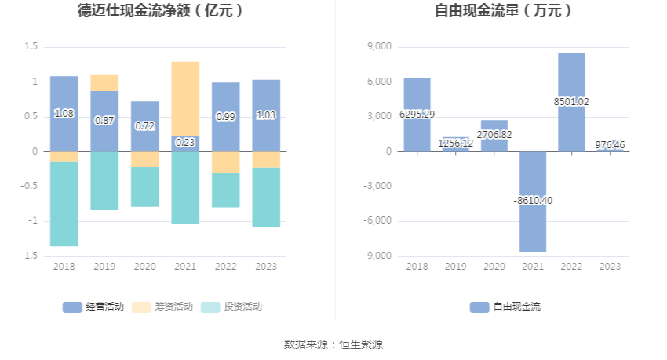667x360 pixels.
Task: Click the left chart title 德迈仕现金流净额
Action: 160,11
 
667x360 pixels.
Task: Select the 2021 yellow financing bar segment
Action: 185,98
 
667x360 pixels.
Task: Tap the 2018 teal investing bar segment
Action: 64,204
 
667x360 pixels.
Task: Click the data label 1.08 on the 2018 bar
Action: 64,114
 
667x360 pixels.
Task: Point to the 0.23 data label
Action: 185,142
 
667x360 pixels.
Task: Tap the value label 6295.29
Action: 417,115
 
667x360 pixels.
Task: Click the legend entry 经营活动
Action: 93,307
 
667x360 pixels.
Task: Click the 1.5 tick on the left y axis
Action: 31,47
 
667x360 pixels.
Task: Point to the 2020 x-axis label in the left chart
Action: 144,267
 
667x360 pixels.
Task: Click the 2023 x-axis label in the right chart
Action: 610,267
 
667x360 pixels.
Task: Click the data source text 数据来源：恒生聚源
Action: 333,344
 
